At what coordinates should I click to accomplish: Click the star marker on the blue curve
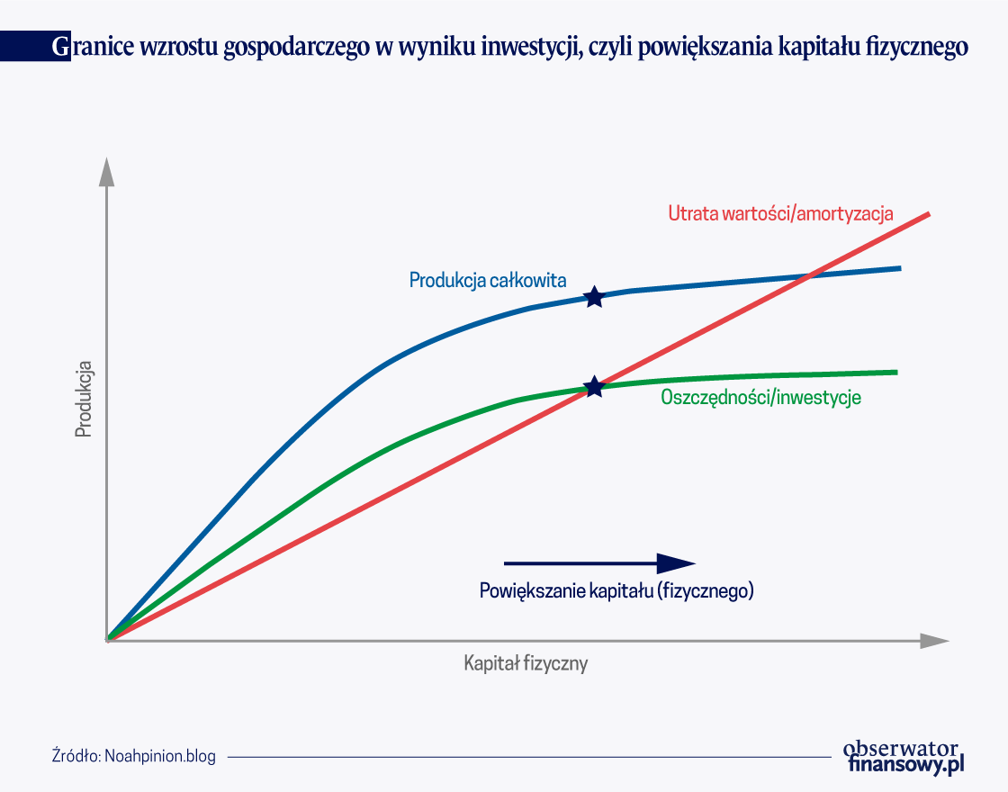coord(595,297)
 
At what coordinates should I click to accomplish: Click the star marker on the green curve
coord(595,387)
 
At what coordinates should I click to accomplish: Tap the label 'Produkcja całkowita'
coord(488,280)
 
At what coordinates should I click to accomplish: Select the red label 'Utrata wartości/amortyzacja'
coord(780,213)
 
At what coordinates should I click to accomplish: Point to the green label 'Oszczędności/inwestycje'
coord(761,397)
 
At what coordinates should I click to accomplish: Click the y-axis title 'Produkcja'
coord(84,400)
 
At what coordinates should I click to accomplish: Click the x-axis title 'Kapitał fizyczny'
coord(526,663)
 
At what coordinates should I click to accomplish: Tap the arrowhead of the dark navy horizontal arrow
coord(676,563)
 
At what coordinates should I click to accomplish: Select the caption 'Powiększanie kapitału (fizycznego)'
coord(616,590)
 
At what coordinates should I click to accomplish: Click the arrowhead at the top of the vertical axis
coord(107,172)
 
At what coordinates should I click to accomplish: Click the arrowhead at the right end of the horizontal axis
coord(934,641)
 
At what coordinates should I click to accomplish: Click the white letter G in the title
coord(60,47)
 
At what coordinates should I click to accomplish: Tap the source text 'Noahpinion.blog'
coord(160,756)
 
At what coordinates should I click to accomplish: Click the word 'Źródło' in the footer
coord(76,756)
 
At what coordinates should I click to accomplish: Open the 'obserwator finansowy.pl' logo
coord(904,757)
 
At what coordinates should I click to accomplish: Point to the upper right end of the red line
coord(929,213)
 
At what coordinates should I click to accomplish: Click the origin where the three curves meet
coord(108,640)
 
